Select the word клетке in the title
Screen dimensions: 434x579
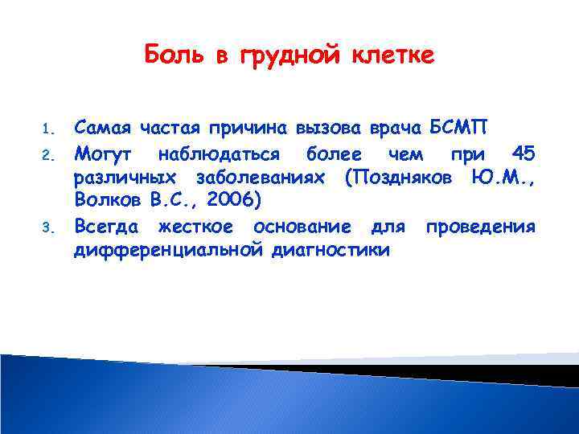pos(394,55)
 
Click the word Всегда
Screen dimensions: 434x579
pos(108,227)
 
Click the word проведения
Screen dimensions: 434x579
pos(480,227)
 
